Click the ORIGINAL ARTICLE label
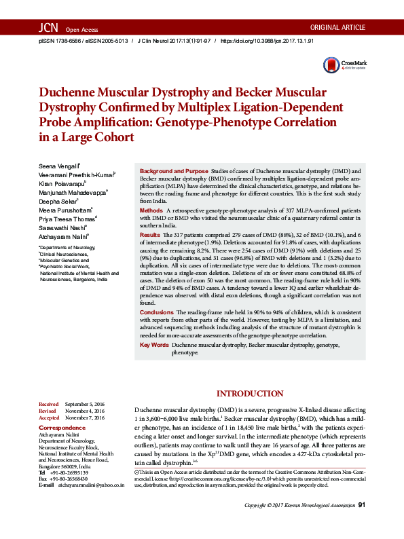pyautogui.click(x=337, y=28)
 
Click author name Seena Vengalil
pyautogui.click(x=60, y=166)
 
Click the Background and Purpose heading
pyautogui.click(x=174, y=172)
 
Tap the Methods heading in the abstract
pyautogui.click(x=151, y=211)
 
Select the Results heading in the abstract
pyautogui.click(x=150, y=234)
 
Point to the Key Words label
pyautogui.click(x=154, y=345)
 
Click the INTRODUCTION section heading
pyautogui.click(x=250, y=394)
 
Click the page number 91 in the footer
pyautogui.click(x=361, y=524)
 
